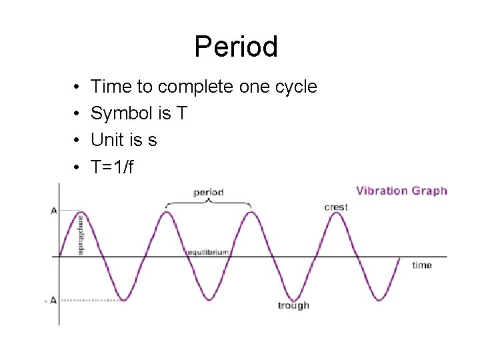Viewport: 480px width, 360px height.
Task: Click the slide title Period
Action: coord(236,47)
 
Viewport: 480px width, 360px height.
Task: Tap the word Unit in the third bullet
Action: coord(105,141)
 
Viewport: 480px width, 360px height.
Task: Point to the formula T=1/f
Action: coord(112,167)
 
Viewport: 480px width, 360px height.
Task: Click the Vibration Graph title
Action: coord(401,191)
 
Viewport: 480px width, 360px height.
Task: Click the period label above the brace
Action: coord(208,193)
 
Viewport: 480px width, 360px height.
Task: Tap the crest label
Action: coord(336,207)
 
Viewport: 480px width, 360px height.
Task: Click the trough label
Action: coord(293,305)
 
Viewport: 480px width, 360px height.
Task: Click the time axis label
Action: coord(422,265)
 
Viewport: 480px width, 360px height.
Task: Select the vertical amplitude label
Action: coord(81,234)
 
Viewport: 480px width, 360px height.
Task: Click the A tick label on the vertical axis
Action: coord(53,211)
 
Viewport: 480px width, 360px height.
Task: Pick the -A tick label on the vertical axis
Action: coord(51,301)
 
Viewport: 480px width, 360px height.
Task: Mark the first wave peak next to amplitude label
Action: coord(81,212)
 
